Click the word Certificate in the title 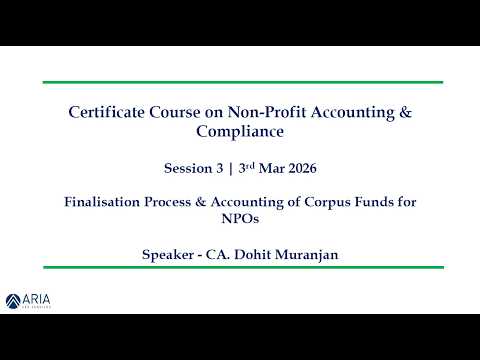pyautogui.click(x=111, y=113)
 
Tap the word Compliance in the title pyautogui.click(x=240, y=131)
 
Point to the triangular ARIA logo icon pyautogui.click(x=13, y=299)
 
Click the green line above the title pyautogui.click(x=240, y=82)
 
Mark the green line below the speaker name pyautogui.click(x=240, y=268)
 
